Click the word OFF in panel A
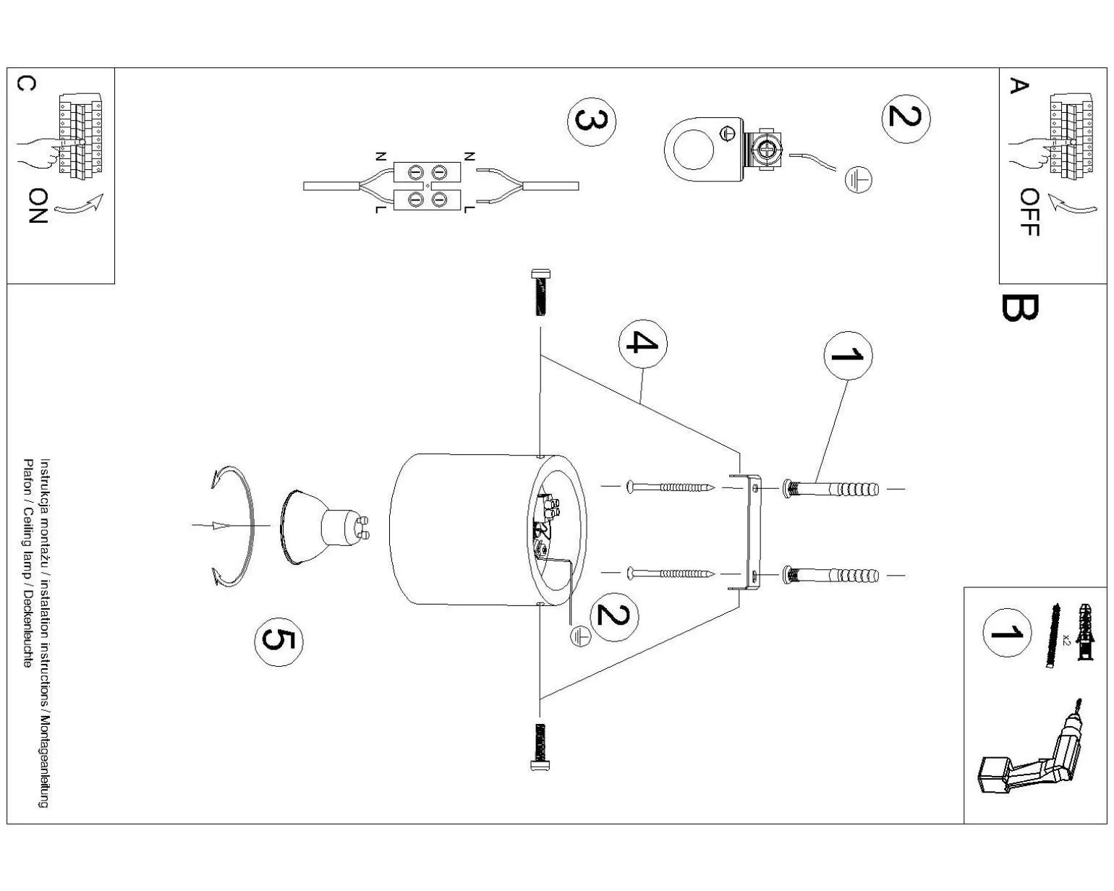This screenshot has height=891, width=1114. pyautogui.click(x=1029, y=213)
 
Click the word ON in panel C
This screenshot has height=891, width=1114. pyautogui.click(x=38, y=206)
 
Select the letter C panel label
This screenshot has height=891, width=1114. pyautogui.click(x=25, y=85)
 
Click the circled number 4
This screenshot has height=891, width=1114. pyautogui.click(x=642, y=342)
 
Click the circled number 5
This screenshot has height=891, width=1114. pyautogui.click(x=278, y=641)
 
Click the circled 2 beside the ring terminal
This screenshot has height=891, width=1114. pyautogui.click(x=905, y=118)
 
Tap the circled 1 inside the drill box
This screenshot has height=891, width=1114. pyautogui.click(x=1006, y=633)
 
